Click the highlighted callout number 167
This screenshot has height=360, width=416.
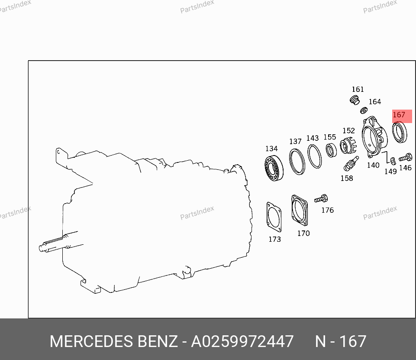click(399, 115)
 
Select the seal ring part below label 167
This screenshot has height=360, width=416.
click(393, 132)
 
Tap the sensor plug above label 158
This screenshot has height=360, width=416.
click(351, 163)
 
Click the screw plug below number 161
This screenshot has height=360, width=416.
click(355, 101)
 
